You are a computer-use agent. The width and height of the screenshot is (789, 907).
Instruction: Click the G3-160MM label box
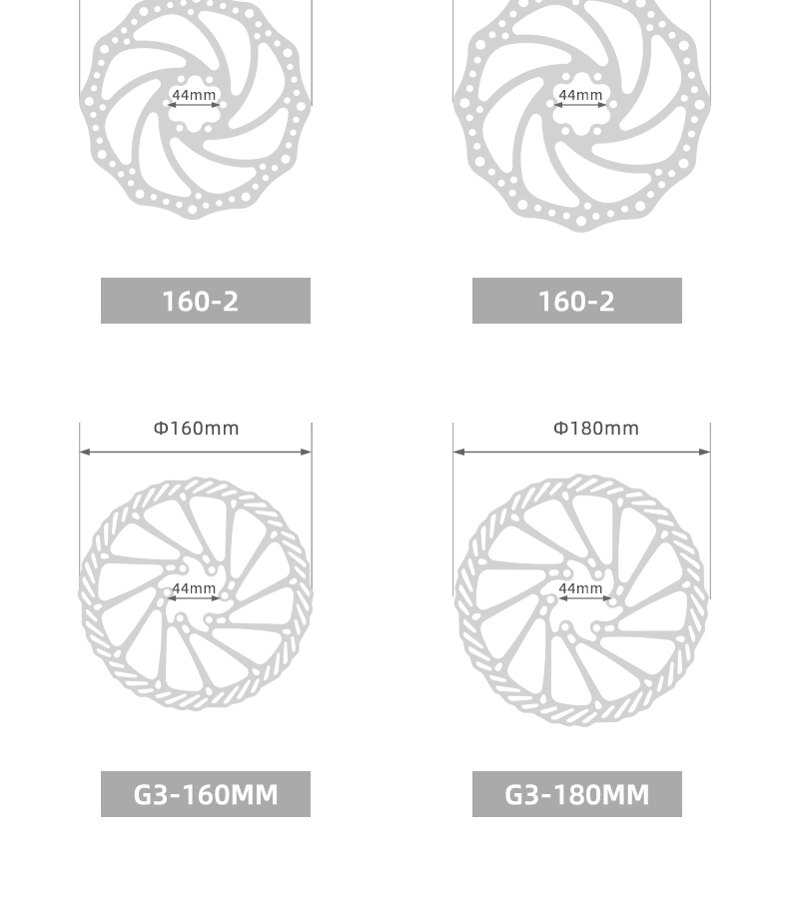point(206,794)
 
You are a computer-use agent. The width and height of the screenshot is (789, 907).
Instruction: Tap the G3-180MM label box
point(577,794)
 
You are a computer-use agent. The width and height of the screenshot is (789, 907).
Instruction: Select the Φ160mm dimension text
point(196,429)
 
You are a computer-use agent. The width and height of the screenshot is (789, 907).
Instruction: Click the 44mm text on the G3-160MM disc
point(194,588)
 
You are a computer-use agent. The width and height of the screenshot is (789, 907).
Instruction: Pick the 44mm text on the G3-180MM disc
point(580,588)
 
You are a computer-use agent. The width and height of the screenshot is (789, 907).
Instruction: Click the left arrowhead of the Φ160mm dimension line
point(85,452)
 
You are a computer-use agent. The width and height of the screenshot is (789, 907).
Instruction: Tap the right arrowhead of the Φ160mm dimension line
point(307,452)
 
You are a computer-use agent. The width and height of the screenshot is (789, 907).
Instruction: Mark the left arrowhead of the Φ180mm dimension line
point(458,452)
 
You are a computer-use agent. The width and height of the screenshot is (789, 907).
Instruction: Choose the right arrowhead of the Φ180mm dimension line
point(705,452)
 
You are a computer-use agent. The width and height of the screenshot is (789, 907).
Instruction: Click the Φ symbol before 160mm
point(160,429)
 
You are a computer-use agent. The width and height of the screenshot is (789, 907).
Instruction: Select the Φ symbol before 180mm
point(560,429)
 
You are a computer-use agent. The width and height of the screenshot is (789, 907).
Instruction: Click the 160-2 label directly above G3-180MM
point(577,301)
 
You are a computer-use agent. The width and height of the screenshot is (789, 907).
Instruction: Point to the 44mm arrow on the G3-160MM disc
point(194,599)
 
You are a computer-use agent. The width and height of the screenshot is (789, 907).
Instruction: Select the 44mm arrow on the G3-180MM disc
point(581,599)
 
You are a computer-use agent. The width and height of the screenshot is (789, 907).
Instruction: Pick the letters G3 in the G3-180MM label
point(521,794)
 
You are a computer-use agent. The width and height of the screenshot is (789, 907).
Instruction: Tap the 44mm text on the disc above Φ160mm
point(194,95)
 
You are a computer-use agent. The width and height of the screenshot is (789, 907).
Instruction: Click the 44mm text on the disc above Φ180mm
point(580,95)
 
